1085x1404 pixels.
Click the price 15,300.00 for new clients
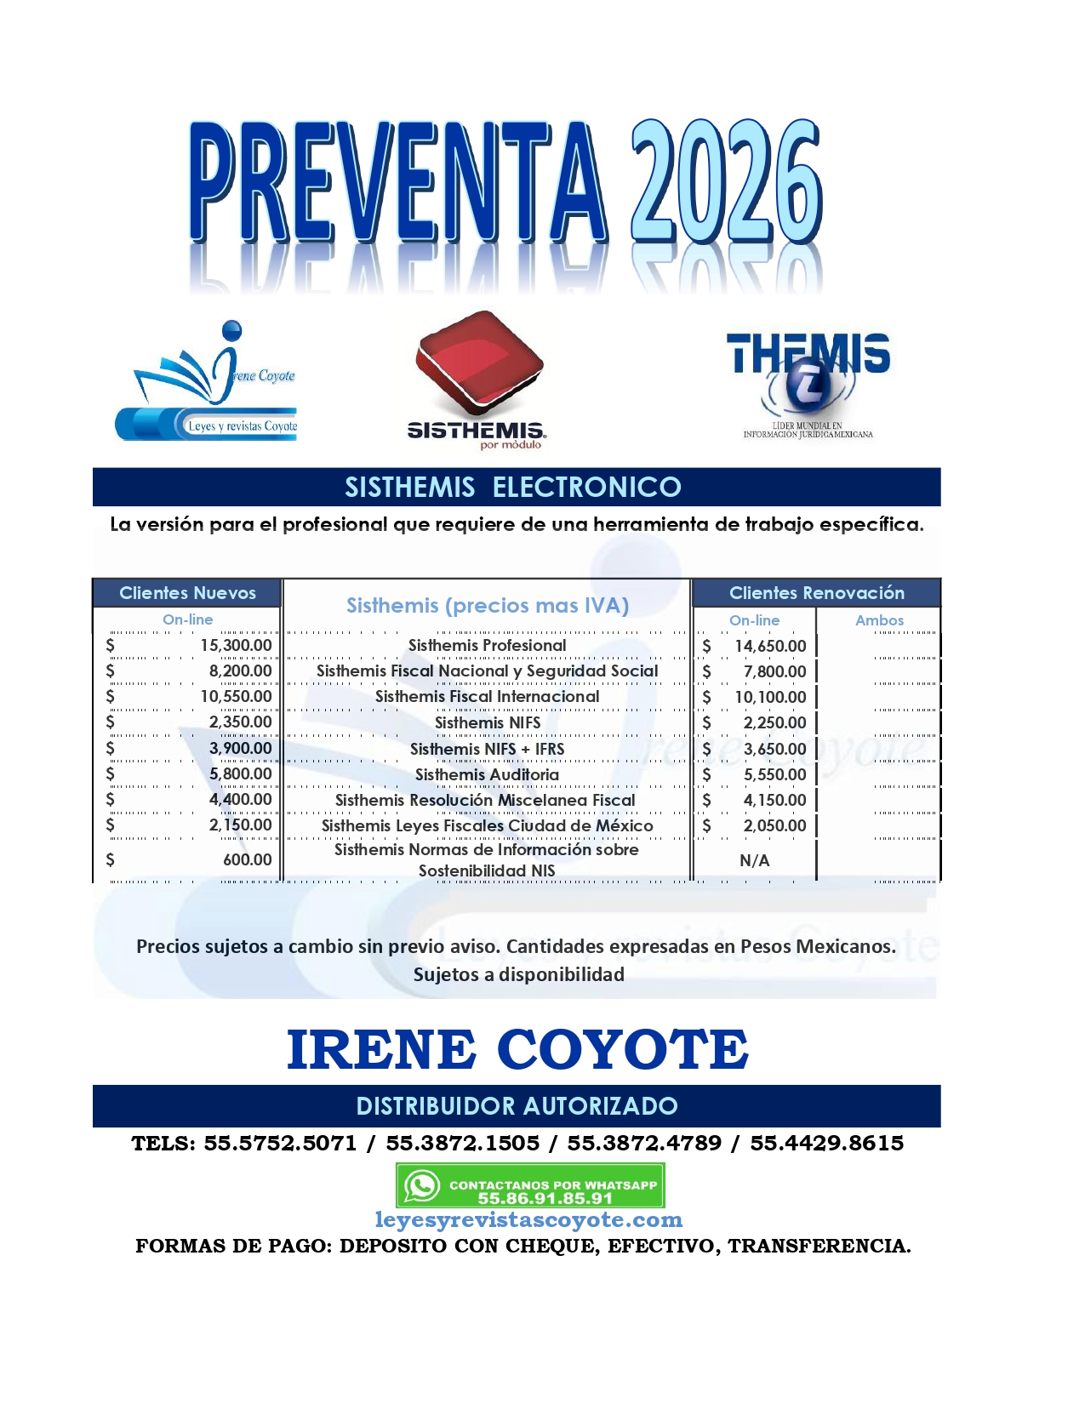pyautogui.click(x=236, y=645)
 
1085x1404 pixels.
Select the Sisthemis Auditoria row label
pyautogui.click(x=487, y=774)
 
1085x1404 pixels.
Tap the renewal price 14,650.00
pyautogui.click(x=770, y=646)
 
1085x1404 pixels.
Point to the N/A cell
pyautogui.click(x=754, y=860)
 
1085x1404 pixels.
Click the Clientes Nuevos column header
pyautogui.click(x=187, y=593)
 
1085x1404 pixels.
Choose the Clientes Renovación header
pyautogui.click(x=816, y=593)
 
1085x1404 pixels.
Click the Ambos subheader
pyautogui.click(x=879, y=620)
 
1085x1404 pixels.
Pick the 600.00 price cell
pyautogui.click(x=247, y=859)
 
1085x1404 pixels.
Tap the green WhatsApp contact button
pyautogui.click(x=529, y=1185)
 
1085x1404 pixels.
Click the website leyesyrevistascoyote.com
pyautogui.click(x=528, y=1220)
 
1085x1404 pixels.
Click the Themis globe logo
pyautogui.click(x=808, y=383)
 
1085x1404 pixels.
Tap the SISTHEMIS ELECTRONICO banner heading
pyautogui.click(x=513, y=487)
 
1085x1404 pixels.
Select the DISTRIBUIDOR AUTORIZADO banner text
pyautogui.click(x=517, y=1105)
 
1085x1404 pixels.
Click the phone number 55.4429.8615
pyautogui.click(x=826, y=1143)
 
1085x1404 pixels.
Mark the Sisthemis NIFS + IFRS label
pyautogui.click(x=487, y=749)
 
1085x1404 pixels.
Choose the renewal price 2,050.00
pyautogui.click(x=774, y=825)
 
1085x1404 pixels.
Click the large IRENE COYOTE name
pyautogui.click(x=517, y=1049)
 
